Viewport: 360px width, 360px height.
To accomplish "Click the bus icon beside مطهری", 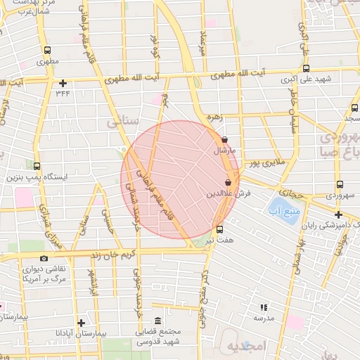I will click(47, 51).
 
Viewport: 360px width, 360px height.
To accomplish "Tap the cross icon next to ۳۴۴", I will click(63, 82).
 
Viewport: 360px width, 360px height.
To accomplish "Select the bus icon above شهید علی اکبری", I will click(306, 68).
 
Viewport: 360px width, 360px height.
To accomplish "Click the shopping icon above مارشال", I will click(224, 139).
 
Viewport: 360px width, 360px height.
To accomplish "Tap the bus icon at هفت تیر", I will click(219, 229).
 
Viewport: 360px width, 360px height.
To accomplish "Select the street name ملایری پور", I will click(266, 163).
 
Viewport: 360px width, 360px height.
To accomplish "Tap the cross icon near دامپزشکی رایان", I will click(338, 214).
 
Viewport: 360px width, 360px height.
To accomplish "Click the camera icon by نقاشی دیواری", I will click(44, 258).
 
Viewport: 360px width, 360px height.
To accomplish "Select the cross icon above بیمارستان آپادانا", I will click(82, 322).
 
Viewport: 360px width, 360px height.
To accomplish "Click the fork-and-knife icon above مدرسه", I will click(264, 307).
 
